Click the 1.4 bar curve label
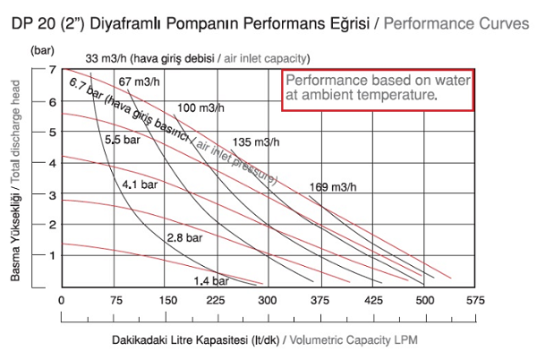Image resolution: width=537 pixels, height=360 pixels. (211, 280)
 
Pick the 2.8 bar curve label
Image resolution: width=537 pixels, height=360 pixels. (183, 237)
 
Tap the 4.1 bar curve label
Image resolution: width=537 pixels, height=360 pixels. (141, 184)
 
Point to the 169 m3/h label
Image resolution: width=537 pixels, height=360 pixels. (333, 187)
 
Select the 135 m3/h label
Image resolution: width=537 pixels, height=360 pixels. (255, 142)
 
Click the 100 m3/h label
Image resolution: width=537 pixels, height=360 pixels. (200, 108)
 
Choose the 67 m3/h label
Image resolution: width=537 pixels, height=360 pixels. (140, 82)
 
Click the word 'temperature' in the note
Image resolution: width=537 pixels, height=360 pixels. (400, 94)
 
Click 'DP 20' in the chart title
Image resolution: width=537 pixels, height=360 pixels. (32, 22)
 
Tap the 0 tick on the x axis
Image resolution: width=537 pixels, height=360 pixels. (61, 301)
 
